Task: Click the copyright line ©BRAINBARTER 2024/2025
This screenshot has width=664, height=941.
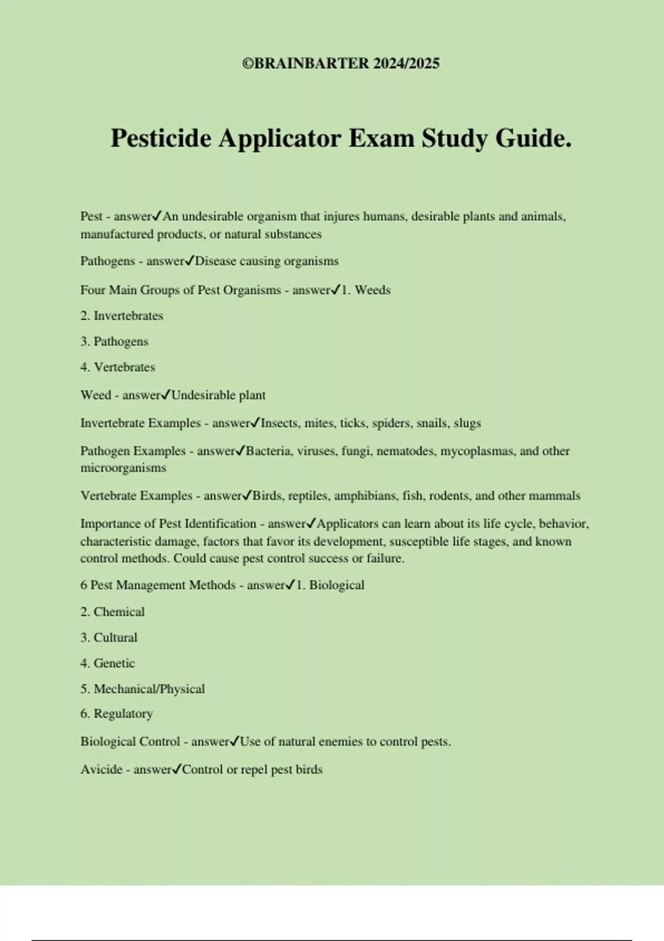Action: (341, 64)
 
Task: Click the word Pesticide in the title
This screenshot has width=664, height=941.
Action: (161, 138)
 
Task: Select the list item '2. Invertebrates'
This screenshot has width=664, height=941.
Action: (122, 316)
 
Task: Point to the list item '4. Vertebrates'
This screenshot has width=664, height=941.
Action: (118, 367)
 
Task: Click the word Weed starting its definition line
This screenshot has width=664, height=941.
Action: (96, 395)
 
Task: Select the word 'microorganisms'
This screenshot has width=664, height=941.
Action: (123, 468)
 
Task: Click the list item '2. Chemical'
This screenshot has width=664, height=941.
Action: (112, 612)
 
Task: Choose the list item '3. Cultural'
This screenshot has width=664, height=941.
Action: (109, 638)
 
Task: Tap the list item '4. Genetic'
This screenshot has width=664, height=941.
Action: (108, 663)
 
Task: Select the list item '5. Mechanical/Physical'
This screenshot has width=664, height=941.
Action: (143, 689)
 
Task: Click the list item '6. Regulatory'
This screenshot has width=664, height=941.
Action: (117, 714)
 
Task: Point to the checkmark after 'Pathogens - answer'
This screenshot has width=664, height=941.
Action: (189, 261)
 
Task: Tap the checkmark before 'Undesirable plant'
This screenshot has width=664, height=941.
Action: (166, 395)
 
